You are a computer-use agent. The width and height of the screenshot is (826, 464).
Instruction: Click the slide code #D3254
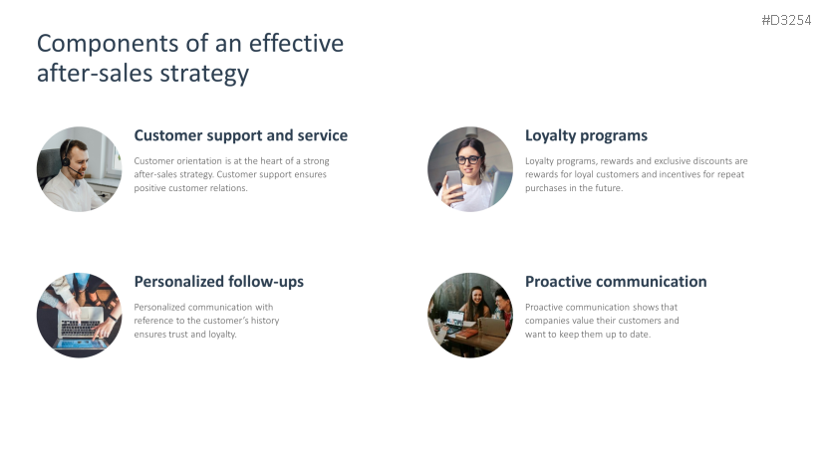click(x=785, y=20)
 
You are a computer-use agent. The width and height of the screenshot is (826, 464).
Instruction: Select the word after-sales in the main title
click(x=91, y=74)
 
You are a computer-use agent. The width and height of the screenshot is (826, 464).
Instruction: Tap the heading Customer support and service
click(x=240, y=135)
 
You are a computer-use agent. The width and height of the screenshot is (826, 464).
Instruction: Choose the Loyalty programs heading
click(x=586, y=135)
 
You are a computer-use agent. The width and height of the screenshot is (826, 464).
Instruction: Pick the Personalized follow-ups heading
click(x=218, y=282)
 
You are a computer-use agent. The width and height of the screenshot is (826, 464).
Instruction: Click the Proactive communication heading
click(x=615, y=282)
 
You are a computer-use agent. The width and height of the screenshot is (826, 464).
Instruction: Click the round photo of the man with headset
click(x=79, y=168)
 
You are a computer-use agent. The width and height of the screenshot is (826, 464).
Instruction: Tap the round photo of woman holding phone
click(x=469, y=168)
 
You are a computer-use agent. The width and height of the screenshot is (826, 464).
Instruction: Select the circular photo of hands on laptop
click(x=79, y=315)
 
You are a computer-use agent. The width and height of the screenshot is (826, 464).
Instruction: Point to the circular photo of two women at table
click(x=469, y=315)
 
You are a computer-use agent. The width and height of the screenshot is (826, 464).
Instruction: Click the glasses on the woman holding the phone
click(x=468, y=159)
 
